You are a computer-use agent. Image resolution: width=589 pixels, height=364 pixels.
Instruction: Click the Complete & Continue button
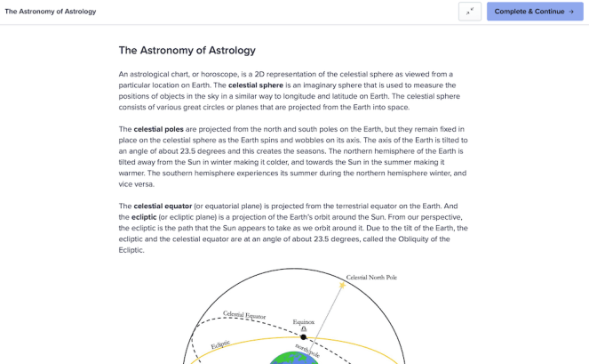[534, 12]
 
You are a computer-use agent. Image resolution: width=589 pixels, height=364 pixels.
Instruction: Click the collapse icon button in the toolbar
[470, 12]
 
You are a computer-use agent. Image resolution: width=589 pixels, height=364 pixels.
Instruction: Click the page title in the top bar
[51, 12]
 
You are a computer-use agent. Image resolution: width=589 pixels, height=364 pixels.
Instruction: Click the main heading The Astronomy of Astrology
[187, 51]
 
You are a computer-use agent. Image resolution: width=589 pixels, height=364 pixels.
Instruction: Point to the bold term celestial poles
[159, 129]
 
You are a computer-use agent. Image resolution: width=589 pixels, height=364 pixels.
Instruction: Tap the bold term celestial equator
[163, 206]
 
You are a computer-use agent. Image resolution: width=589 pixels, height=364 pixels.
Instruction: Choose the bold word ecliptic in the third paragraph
[144, 217]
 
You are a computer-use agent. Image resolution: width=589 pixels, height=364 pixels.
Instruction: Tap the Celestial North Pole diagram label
[371, 278]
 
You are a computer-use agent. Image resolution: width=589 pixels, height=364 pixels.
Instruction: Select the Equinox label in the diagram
[304, 322]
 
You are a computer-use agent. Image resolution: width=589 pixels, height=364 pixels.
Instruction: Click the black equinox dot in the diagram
[304, 337]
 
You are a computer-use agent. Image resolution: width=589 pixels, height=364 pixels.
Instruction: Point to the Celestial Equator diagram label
[244, 315]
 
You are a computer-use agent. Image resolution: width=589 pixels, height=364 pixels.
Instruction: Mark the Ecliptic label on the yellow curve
[220, 344]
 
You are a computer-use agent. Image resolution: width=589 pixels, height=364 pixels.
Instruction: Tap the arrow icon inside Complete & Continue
[571, 12]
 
